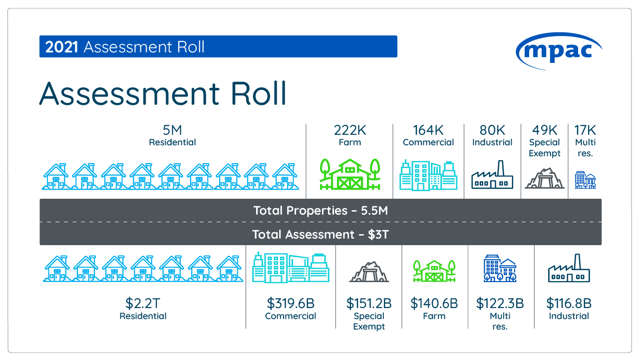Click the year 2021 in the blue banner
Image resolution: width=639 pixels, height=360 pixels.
[x=61, y=47]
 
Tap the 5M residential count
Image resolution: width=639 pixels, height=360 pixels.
[x=172, y=130]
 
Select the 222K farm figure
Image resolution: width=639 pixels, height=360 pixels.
[x=350, y=130]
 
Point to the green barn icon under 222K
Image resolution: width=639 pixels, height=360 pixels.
[x=349, y=174]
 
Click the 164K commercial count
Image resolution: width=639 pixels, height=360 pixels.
[x=428, y=130]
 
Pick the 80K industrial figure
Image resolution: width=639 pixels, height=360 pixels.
[x=492, y=130]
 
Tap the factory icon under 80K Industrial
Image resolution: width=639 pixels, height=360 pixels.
[x=492, y=175]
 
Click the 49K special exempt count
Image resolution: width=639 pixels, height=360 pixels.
[x=545, y=130]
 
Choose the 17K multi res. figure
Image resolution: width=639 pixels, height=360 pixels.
[x=585, y=130]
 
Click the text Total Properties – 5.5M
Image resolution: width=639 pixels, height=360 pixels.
[x=320, y=211]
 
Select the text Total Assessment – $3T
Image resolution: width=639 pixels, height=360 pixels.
[x=320, y=234]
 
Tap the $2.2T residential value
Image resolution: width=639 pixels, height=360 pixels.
[x=143, y=303]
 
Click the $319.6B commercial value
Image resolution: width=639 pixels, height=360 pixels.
[x=291, y=303]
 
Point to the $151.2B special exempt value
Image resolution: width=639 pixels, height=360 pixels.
[x=369, y=303]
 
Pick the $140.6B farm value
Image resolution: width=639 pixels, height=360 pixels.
[x=434, y=303]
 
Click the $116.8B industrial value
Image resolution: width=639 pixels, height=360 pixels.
[x=569, y=303]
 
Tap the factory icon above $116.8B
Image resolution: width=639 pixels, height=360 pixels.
[x=569, y=270]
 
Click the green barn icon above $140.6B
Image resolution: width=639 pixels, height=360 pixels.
[x=434, y=271]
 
